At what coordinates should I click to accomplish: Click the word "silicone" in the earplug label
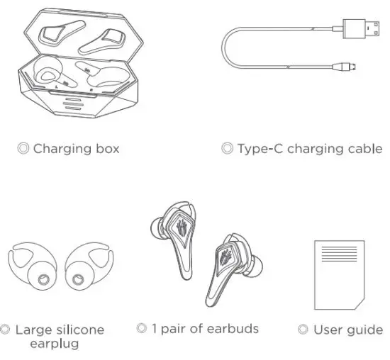click(79, 330)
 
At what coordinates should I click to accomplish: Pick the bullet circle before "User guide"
click(303, 330)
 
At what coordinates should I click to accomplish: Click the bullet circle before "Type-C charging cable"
click(227, 149)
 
